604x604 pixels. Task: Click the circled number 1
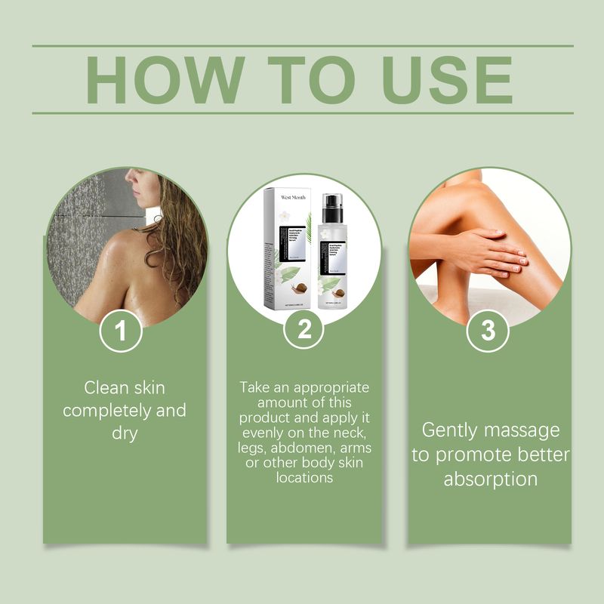pyautogui.click(x=122, y=333)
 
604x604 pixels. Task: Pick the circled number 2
pyautogui.click(x=304, y=333)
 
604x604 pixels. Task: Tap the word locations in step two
pyautogui.click(x=304, y=477)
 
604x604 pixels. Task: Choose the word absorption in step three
pyautogui.click(x=490, y=479)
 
